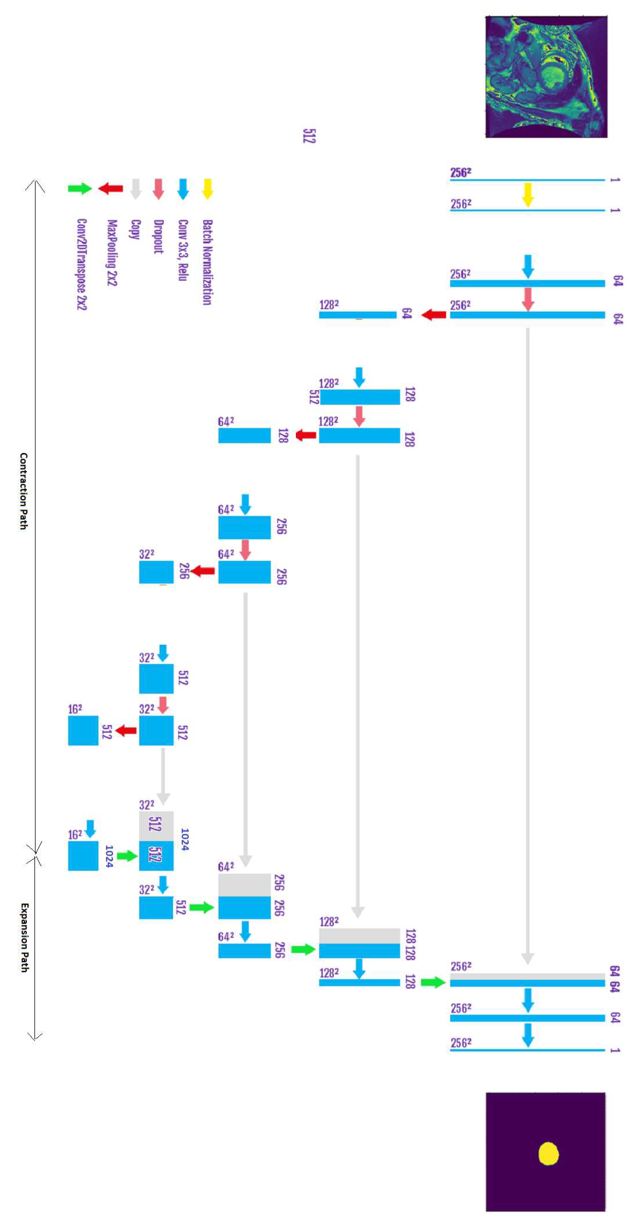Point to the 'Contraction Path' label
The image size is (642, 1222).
point(24,491)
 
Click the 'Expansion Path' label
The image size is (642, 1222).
point(24,938)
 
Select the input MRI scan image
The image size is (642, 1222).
point(546,77)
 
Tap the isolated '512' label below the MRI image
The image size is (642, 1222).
point(309,136)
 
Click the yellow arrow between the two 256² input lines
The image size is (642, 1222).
point(528,195)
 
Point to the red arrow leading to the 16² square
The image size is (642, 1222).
point(126,730)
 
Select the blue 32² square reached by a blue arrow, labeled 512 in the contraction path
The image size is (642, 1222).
point(156,678)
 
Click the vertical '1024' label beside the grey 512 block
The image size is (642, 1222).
point(184,840)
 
